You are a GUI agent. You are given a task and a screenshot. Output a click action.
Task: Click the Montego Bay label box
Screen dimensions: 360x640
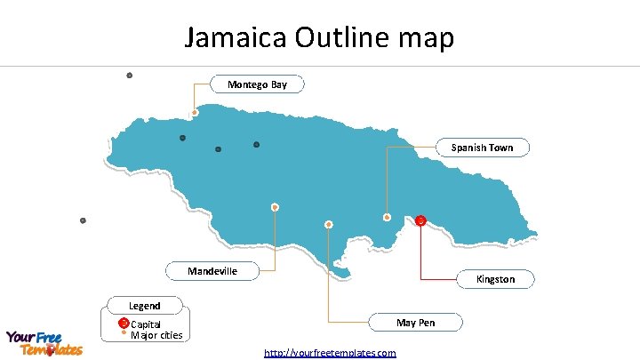pyautogui.click(x=257, y=84)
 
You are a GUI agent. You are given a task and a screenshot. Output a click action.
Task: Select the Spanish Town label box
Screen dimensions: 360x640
pyautogui.click(x=482, y=148)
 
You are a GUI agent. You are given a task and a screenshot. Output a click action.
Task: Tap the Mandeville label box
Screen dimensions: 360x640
pyautogui.click(x=212, y=270)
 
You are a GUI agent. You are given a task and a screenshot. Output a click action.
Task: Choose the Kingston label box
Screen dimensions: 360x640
pyautogui.click(x=495, y=279)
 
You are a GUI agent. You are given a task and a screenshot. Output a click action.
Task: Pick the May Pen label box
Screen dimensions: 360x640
pyautogui.click(x=415, y=322)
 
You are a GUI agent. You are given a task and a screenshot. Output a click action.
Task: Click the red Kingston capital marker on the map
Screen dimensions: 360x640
pyautogui.click(x=420, y=220)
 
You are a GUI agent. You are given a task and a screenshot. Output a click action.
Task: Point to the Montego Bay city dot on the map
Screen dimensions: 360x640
pyautogui.click(x=195, y=113)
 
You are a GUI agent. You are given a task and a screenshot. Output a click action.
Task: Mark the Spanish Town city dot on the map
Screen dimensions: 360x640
pyautogui.click(x=387, y=217)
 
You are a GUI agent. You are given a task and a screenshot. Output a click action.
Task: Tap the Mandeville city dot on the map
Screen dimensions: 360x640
pyautogui.click(x=276, y=207)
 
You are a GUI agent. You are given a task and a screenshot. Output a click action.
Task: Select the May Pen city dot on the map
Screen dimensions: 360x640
pyautogui.click(x=329, y=223)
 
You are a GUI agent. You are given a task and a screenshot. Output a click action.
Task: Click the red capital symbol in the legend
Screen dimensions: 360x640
pyautogui.click(x=124, y=322)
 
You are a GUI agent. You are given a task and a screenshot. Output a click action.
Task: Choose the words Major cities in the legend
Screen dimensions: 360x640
pyautogui.click(x=156, y=335)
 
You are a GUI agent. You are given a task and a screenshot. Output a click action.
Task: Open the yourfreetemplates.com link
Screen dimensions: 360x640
pyautogui.click(x=330, y=353)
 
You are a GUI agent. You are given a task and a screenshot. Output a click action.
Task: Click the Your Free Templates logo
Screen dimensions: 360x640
pyautogui.click(x=44, y=343)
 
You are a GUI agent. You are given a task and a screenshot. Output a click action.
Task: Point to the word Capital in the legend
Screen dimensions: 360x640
pyautogui.click(x=146, y=324)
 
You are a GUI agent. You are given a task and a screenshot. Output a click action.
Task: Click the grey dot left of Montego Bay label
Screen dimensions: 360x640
pyautogui.click(x=130, y=75)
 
